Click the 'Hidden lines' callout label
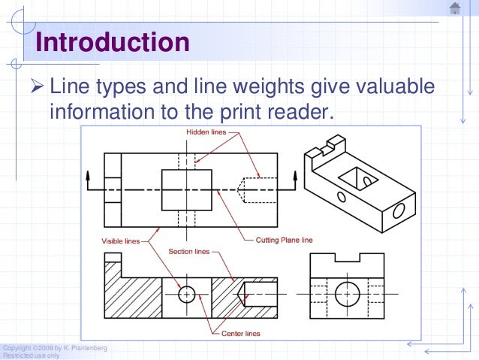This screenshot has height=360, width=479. pyautogui.click(x=206, y=132)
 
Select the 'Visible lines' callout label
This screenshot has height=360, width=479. pyautogui.click(x=121, y=241)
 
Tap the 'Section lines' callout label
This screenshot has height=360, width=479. pyautogui.click(x=190, y=251)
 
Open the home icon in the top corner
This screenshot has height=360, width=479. pyautogui.click(x=455, y=8)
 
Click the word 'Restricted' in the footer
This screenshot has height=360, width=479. pyautogui.click(x=17, y=355)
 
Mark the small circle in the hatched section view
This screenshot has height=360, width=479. pyautogui.click(x=186, y=294)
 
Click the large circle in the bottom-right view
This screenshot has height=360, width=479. pyautogui.click(x=348, y=294)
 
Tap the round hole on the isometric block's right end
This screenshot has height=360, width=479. pyautogui.click(x=397, y=207)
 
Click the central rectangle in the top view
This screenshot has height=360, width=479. pyautogui.click(x=186, y=189)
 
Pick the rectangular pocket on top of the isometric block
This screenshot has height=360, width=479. pyautogui.click(x=353, y=179)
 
